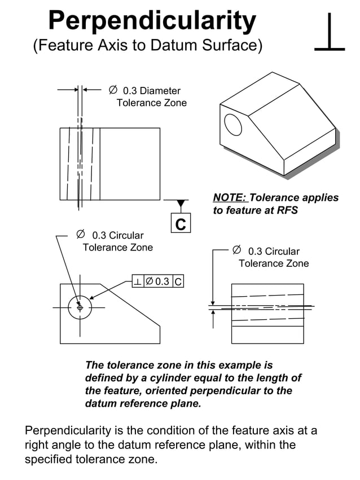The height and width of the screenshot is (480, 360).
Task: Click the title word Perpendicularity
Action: [x=152, y=21]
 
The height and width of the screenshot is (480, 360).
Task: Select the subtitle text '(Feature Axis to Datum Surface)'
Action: [x=147, y=46]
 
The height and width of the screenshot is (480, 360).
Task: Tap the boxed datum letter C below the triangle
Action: [x=181, y=223]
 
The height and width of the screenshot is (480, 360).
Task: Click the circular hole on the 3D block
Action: [x=232, y=125]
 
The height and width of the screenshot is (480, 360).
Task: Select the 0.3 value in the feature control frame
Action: [x=162, y=281]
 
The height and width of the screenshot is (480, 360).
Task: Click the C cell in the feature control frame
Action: [x=178, y=281]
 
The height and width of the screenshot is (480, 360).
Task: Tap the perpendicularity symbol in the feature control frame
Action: [x=138, y=281]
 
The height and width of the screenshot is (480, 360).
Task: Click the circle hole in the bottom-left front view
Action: [x=80, y=307]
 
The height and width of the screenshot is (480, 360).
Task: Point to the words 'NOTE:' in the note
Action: [x=230, y=198]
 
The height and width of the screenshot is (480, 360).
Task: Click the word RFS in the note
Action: [x=286, y=210]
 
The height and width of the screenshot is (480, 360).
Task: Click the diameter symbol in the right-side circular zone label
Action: [x=237, y=250]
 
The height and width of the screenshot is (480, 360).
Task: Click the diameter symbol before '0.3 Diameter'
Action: [x=113, y=90]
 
